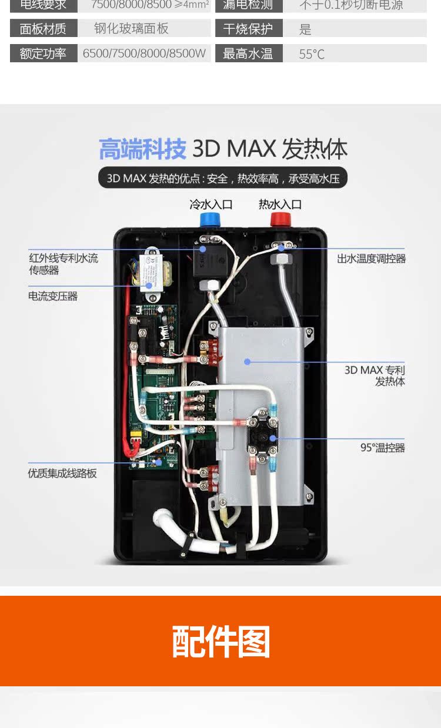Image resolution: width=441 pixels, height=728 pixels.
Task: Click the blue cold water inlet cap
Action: (x=210, y=220)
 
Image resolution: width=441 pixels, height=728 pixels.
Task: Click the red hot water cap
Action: (x=280, y=220)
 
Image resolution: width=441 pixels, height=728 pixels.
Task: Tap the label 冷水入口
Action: (x=211, y=204)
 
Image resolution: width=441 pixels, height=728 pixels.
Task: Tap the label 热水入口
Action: (x=280, y=204)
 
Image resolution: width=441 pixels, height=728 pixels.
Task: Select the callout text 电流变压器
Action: (x=53, y=296)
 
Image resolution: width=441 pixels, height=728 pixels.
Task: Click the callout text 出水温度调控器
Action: (x=371, y=259)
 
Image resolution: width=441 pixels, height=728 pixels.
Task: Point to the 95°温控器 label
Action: (x=383, y=448)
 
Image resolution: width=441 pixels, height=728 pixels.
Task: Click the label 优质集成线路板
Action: (x=62, y=473)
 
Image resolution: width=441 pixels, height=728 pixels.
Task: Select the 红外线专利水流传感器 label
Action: (x=64, y=264)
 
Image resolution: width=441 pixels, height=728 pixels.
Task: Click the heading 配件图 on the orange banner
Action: (x=220, y=641)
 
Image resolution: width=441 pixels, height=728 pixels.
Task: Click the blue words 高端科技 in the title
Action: (x=142, y=149)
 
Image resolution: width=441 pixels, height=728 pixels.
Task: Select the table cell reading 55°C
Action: (x=312, y=54)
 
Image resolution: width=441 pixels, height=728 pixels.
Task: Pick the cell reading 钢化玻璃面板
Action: (x=131, y=28)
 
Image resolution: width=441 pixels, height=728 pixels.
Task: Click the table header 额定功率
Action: (x=43, y=53)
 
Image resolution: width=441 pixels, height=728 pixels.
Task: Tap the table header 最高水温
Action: (x=248, y=54)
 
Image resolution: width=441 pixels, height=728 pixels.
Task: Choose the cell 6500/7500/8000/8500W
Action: (x=144, y=53)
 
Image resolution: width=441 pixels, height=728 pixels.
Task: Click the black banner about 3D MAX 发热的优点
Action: (x=223, y=178)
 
